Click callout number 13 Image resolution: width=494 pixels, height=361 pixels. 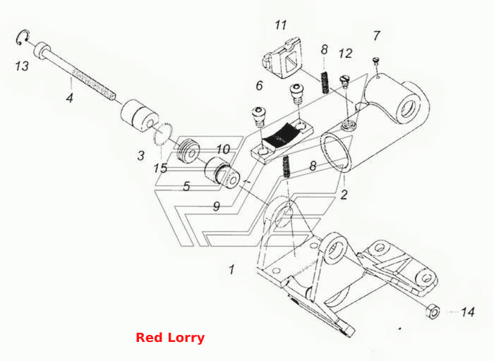[22, 66]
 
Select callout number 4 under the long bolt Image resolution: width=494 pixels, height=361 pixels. [69, 97]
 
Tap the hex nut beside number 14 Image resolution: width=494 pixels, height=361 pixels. [433, 311]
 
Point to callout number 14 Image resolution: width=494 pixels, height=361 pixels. [468, 312]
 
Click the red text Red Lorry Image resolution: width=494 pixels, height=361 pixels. [170, 338]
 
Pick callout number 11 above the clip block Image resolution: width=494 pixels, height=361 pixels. [281, 25]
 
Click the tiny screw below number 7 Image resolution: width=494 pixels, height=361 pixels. [375, 61]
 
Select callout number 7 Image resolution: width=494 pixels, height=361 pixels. [377, 36]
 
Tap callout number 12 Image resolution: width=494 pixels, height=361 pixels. [345, 54]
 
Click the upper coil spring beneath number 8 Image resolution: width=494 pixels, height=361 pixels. [325, 82]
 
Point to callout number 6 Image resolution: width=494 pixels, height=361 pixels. [259, 85]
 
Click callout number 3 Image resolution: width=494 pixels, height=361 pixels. [141, 156]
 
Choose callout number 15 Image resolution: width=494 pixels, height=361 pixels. [160, 169]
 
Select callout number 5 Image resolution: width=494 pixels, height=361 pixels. [187, 186]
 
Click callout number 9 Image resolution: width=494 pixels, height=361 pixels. [217, 207]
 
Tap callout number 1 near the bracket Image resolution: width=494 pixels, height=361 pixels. [232, 269]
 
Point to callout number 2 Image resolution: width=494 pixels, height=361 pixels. [344, 195]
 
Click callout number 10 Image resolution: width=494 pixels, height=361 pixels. [223, 149]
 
